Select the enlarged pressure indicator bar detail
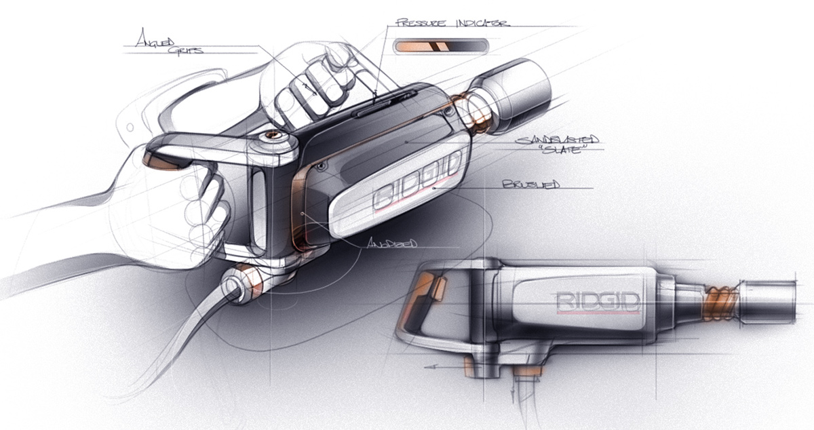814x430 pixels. pos(439,45)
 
